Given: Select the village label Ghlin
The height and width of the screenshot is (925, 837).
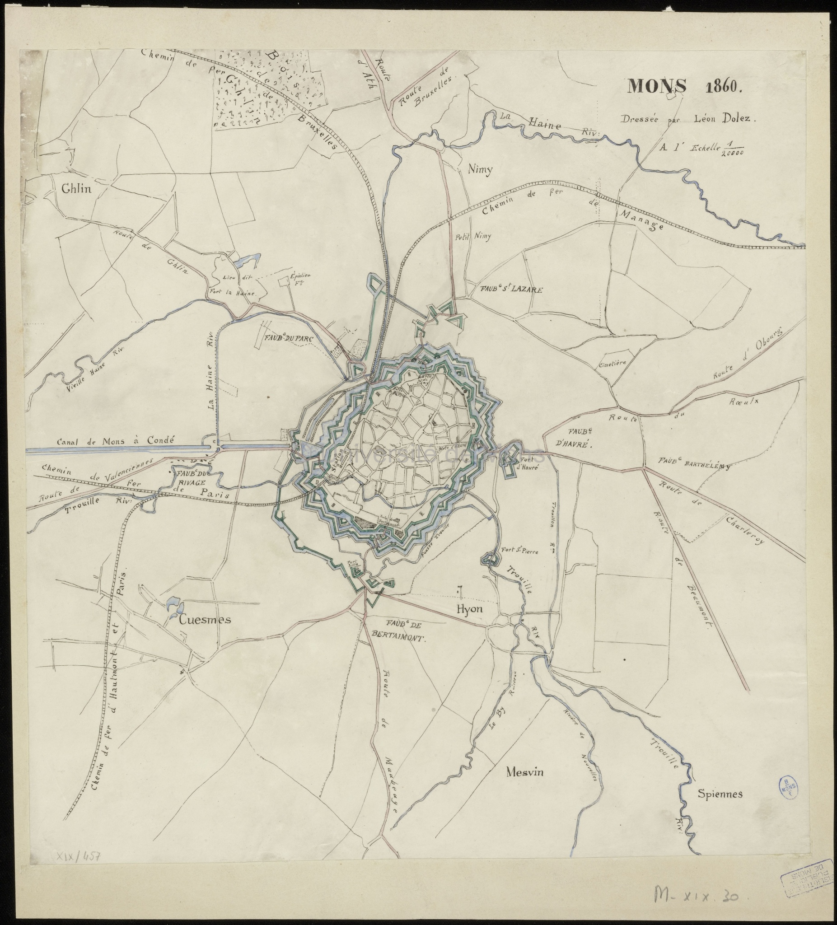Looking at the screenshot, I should pos(77,190).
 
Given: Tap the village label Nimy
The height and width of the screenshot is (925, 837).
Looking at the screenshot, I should pos(480,170).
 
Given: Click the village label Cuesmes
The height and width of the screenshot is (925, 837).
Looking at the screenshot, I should pos(205,620).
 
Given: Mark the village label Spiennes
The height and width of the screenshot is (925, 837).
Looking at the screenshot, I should pos(720,794).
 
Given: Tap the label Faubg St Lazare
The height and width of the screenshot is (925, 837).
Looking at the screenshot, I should pos(511,290).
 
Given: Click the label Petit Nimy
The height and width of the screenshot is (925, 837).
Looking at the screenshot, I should pos(472,237).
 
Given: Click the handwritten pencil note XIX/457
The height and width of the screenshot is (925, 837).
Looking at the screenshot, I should pos(79,857).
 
